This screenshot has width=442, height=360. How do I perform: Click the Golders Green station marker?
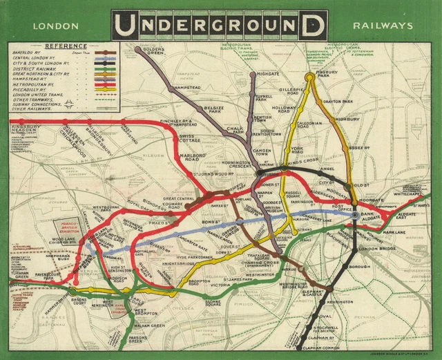tap(138, 50)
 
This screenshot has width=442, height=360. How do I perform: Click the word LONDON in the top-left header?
tap(52, 26)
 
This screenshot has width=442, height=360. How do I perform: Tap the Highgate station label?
tap(268, 73)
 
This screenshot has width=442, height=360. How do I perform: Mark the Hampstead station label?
tap(187, 88)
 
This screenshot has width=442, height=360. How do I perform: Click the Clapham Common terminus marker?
tap(302, 346)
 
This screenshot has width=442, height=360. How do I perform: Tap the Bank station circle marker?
tap(355, 216)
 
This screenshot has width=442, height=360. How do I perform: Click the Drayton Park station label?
tap(357, 102)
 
